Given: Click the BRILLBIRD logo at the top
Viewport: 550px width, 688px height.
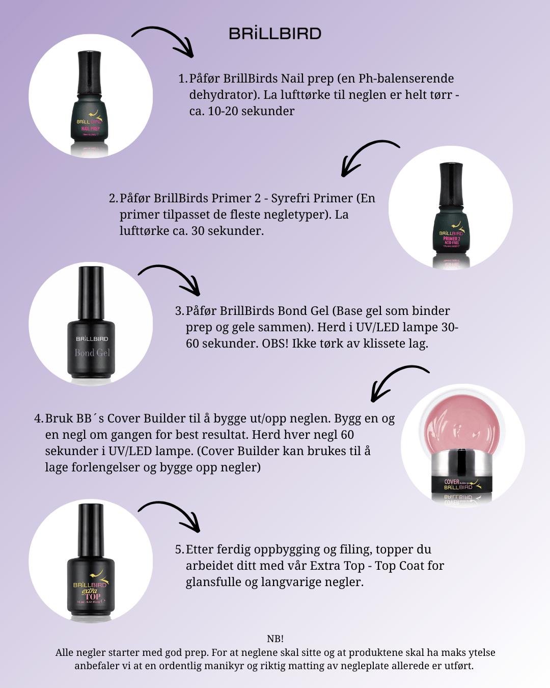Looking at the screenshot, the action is point(275,33).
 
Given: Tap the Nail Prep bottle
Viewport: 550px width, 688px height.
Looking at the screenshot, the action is point(90,99).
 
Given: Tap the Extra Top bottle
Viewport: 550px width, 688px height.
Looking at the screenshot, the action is point(91,562).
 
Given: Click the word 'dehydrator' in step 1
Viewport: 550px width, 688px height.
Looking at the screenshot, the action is point(221,95).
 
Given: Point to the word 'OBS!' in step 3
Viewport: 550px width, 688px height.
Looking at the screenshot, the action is point(275,343).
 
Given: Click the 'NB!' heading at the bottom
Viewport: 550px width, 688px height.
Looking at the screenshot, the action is point(275,639).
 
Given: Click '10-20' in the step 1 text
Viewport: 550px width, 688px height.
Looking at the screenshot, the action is point(223,111).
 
